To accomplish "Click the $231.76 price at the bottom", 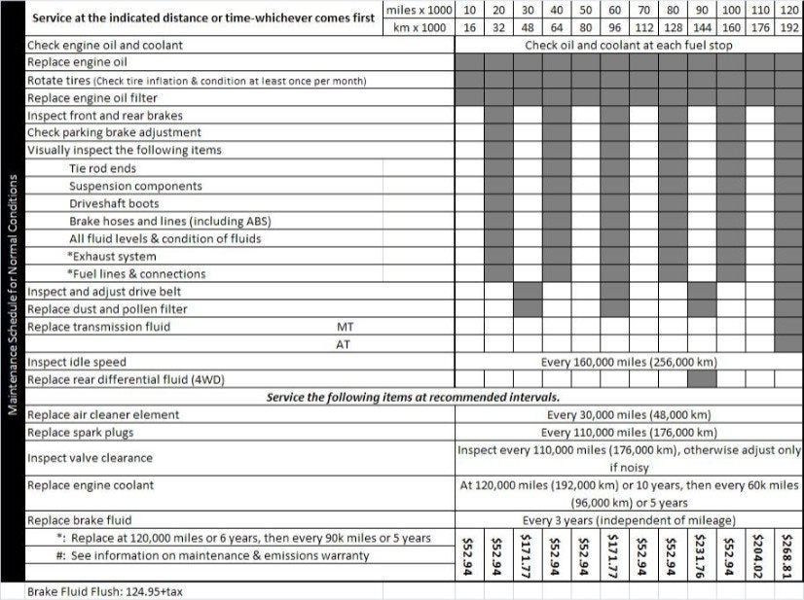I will [702, 554].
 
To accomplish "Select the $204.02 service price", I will [760, 554].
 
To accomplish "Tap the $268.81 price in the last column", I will [789, 554].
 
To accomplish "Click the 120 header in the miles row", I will [789, 10].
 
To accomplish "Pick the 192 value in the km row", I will [789, 27].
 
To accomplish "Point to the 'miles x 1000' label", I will [420, 10].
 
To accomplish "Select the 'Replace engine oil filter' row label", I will [92, 98].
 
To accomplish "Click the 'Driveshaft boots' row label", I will [115, 203].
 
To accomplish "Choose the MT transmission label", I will [344, 327].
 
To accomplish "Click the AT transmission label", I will [344, 344].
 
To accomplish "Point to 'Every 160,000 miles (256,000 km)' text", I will [629, 362].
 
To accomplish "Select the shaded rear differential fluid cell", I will [702, 379].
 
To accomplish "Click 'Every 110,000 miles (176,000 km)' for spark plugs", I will [629, 432].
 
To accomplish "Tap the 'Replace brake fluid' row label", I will [79, 520].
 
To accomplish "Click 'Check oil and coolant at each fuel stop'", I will [629, 45].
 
